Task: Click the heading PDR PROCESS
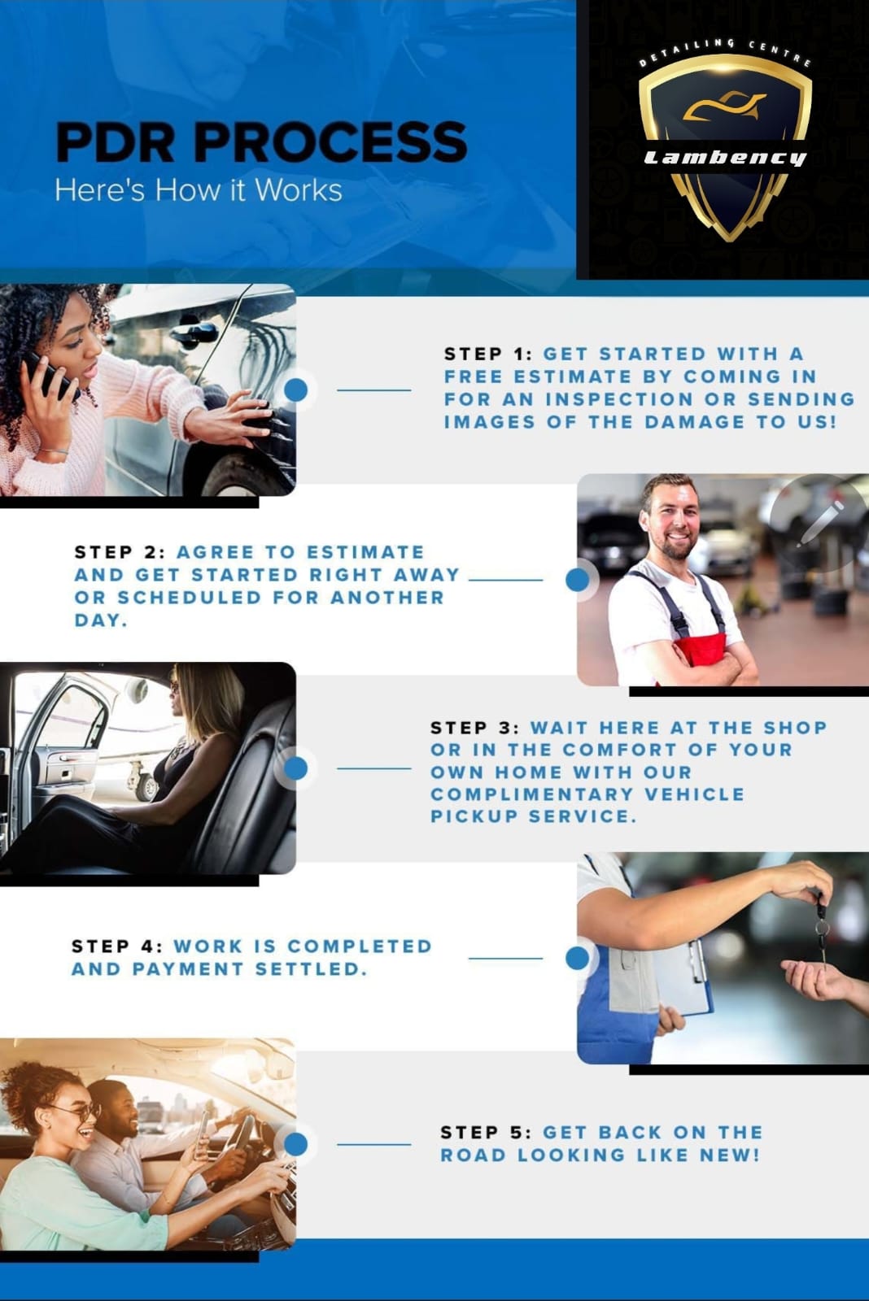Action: (261, 141)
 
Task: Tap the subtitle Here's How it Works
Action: (199, 190)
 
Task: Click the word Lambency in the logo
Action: (725, 158)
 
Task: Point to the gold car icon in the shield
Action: (724, 107)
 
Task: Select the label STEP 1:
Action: (488, 354)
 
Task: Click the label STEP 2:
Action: (120, 552)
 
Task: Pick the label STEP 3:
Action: (475, 728)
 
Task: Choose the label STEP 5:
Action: (486, 1132)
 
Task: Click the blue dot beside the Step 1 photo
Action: (296, 389)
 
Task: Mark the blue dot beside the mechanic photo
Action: (577, 580)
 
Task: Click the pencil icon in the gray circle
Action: (819, 524)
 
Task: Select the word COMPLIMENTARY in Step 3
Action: (531, 794)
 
